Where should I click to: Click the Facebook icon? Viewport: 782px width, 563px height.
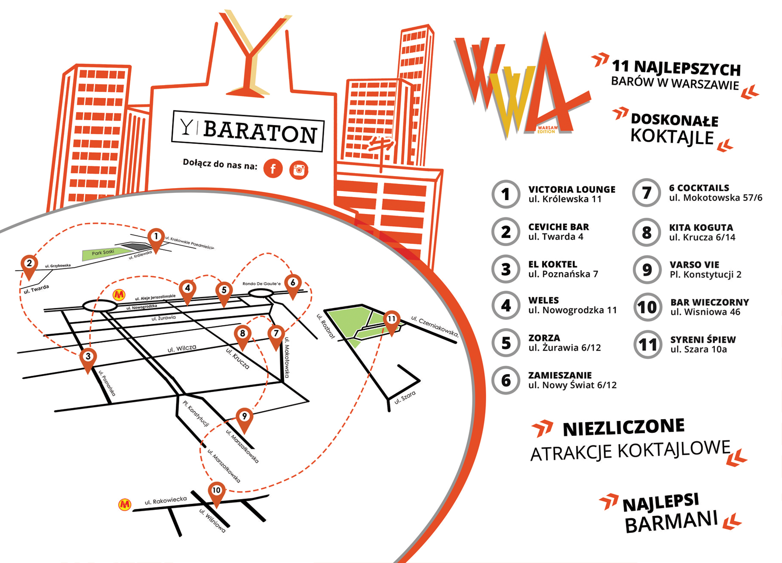pos(273,168)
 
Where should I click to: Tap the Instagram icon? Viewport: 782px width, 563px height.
pos(299,170)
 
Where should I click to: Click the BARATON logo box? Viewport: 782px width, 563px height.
pos(248,131)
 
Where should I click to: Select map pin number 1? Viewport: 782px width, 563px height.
pos(156,237)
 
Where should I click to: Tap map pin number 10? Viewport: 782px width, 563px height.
pos(216,491)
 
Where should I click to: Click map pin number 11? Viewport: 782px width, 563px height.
pos(391,320)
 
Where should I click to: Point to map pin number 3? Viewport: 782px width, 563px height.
pos(88,357)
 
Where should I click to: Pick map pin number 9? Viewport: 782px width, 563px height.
pos(244,417)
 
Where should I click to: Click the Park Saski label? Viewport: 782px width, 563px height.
pos(103,253)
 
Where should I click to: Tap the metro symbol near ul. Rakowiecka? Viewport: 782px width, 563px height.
pos(125,504)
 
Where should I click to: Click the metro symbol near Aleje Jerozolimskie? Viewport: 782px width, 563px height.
pos(119,295)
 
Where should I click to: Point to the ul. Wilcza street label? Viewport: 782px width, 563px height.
pos(182,349)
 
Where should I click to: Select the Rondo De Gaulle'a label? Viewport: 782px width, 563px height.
pos(261,283)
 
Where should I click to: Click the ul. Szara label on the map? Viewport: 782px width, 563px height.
pos(405,397)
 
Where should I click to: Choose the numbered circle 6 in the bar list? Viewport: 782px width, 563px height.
pos(506,380)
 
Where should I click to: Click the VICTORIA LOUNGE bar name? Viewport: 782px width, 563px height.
pos(571,189)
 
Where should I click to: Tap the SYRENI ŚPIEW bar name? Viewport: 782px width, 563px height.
pos(703,340)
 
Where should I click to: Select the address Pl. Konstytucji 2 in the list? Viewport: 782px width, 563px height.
pos(705,275)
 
